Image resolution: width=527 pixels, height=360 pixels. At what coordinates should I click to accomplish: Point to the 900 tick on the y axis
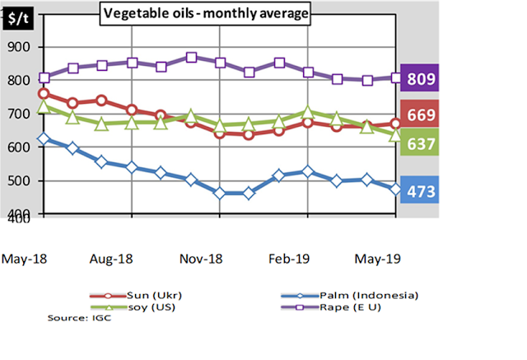(18, 47)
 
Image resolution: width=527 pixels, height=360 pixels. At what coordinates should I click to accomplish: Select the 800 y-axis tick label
(18, 81)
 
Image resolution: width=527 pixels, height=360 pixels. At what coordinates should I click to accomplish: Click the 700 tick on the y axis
(18, 115)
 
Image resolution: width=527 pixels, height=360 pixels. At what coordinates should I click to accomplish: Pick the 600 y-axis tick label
(18, 147)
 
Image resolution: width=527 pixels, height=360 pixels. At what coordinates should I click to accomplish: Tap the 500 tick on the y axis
(18, 181)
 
